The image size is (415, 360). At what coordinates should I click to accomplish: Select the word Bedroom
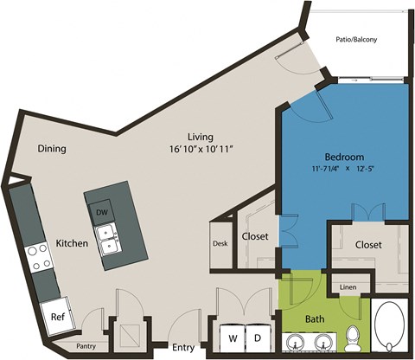[342, 156]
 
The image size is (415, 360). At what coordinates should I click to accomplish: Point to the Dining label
[53, 148]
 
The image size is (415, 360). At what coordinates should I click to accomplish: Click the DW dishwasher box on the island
[101, 212]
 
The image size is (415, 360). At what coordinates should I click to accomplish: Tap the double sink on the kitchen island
[108, 240]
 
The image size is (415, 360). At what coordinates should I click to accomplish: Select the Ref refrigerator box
[57, 318]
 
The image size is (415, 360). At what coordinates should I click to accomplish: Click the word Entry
[182, 348]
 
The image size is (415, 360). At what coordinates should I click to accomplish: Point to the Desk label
[220, 243]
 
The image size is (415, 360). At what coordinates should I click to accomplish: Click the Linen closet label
[348, 286]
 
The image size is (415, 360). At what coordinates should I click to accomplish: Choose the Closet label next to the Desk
[254, 236]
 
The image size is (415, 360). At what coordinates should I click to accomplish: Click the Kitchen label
[72, 244]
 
